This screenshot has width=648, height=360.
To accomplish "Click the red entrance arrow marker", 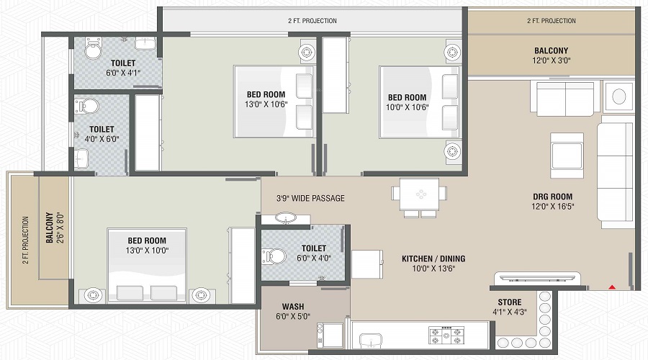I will pyautogui.click(x=613, y=287).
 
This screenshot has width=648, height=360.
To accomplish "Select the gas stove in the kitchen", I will pyautogui.click(x=448, y=335).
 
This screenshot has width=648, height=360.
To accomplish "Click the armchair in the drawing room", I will pyautogui.click(x=567, y=150).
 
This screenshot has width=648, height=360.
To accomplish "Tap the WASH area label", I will pyautogui.click(x=292, y=306).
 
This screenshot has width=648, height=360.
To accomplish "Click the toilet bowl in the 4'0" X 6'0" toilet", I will pyautogui.click(x=86, y=107).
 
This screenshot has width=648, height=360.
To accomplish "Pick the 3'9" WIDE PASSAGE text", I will pyautogui.click(x=310, y=198).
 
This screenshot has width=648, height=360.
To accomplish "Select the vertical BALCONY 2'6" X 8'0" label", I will pyautogui.click(x=53, y=228).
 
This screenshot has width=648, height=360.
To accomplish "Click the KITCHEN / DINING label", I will pyautogui.click(x=433, y=258).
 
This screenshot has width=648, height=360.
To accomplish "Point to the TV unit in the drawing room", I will pyautogui.click(x=535, y=279).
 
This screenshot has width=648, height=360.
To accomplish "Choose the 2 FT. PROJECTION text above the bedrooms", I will pyautogui.click(x=312, y=21).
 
